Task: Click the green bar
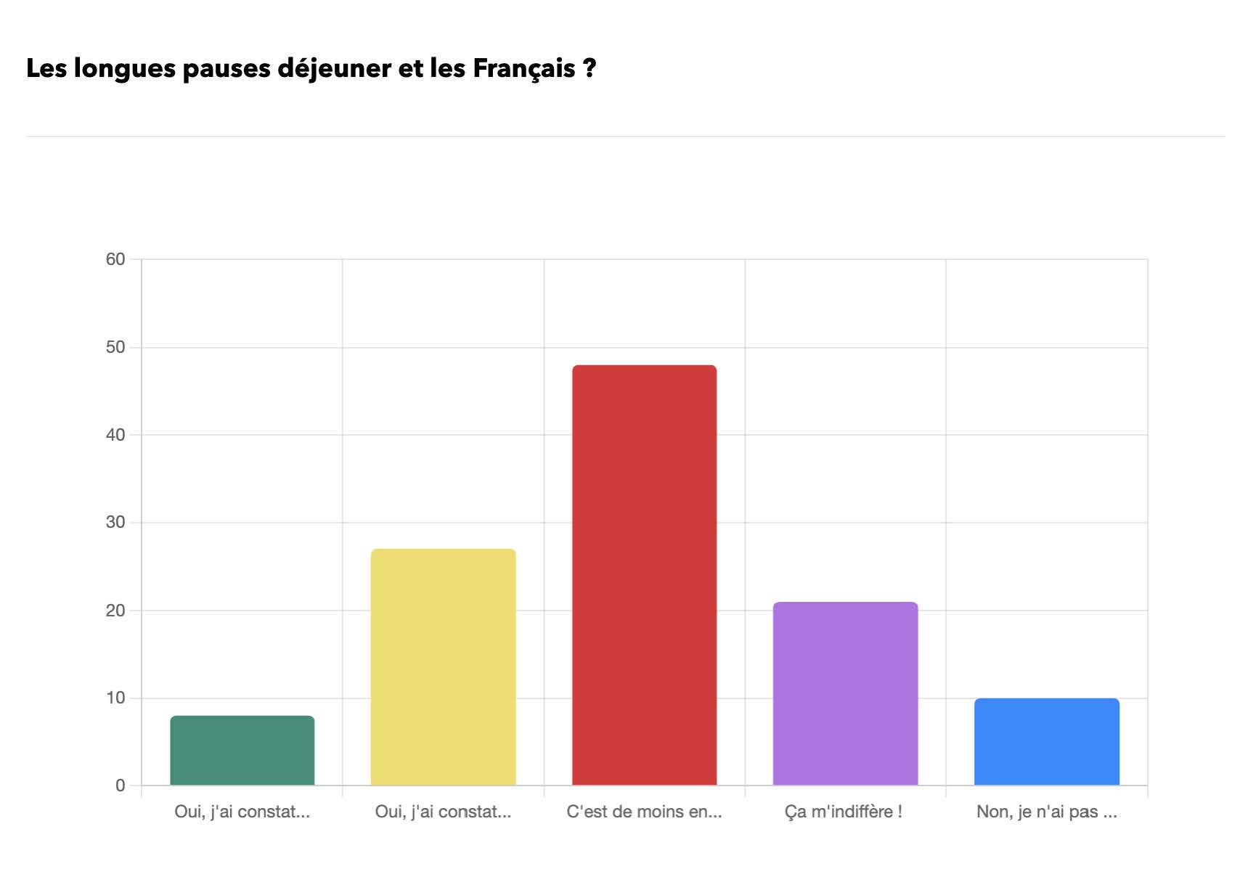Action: [242, 751]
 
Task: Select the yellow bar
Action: [443, 667]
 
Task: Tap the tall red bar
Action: [644, 575]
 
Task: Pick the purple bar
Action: [845, 693]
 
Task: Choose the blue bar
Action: [1046, 742]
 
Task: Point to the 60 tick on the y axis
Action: [115, 259]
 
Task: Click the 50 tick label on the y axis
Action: [115, 347]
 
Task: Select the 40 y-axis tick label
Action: [115, 435]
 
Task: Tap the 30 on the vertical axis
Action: [115, 523]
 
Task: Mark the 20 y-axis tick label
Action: [115, 611]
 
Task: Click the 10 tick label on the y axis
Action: [115, 698]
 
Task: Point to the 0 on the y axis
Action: [120, 786]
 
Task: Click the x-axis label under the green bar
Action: [242, 812]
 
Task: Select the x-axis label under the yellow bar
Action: [443, 812]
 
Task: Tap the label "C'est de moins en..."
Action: [644, 812]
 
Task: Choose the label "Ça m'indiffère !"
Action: [843, 812]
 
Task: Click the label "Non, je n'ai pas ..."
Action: [1046, 812]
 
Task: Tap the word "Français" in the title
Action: [524, 69]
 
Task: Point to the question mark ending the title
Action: [590, 69]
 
